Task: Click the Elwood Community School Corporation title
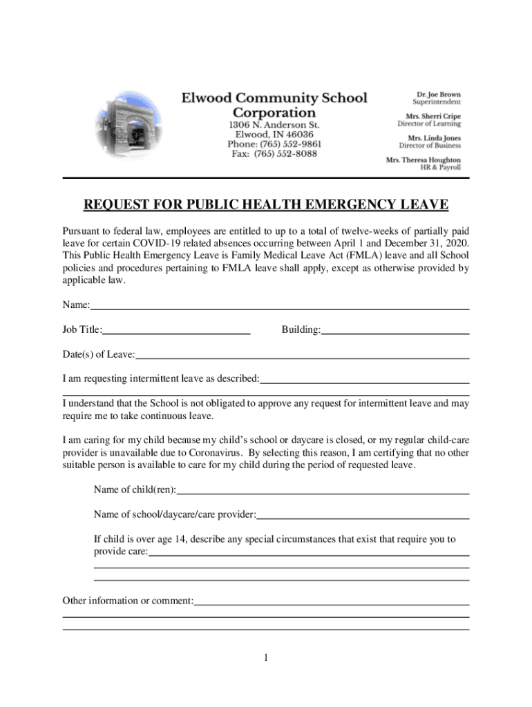click(x=274, y=105)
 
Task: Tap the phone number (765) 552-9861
click(x=274, y=144)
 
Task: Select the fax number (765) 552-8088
click(x=274, y=154)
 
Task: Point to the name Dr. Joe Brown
click(x=438, y=95)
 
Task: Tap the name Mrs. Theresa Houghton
click(x=423, y=159)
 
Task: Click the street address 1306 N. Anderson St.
click(x=274, y=125)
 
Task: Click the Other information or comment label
click(x=128, y=601)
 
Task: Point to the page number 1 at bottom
click(x=265, y=658)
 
